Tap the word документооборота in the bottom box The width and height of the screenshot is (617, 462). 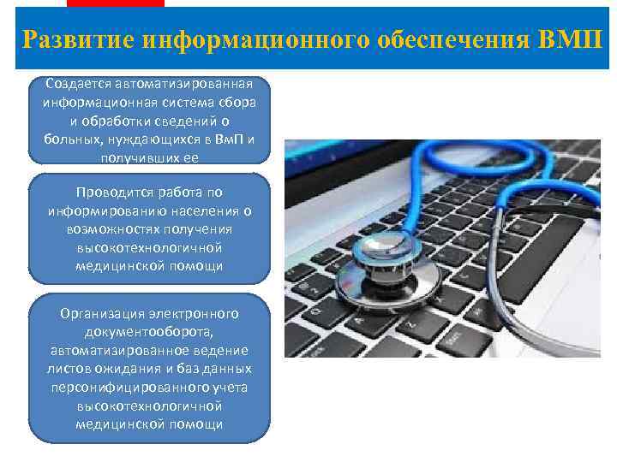point(149,332)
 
